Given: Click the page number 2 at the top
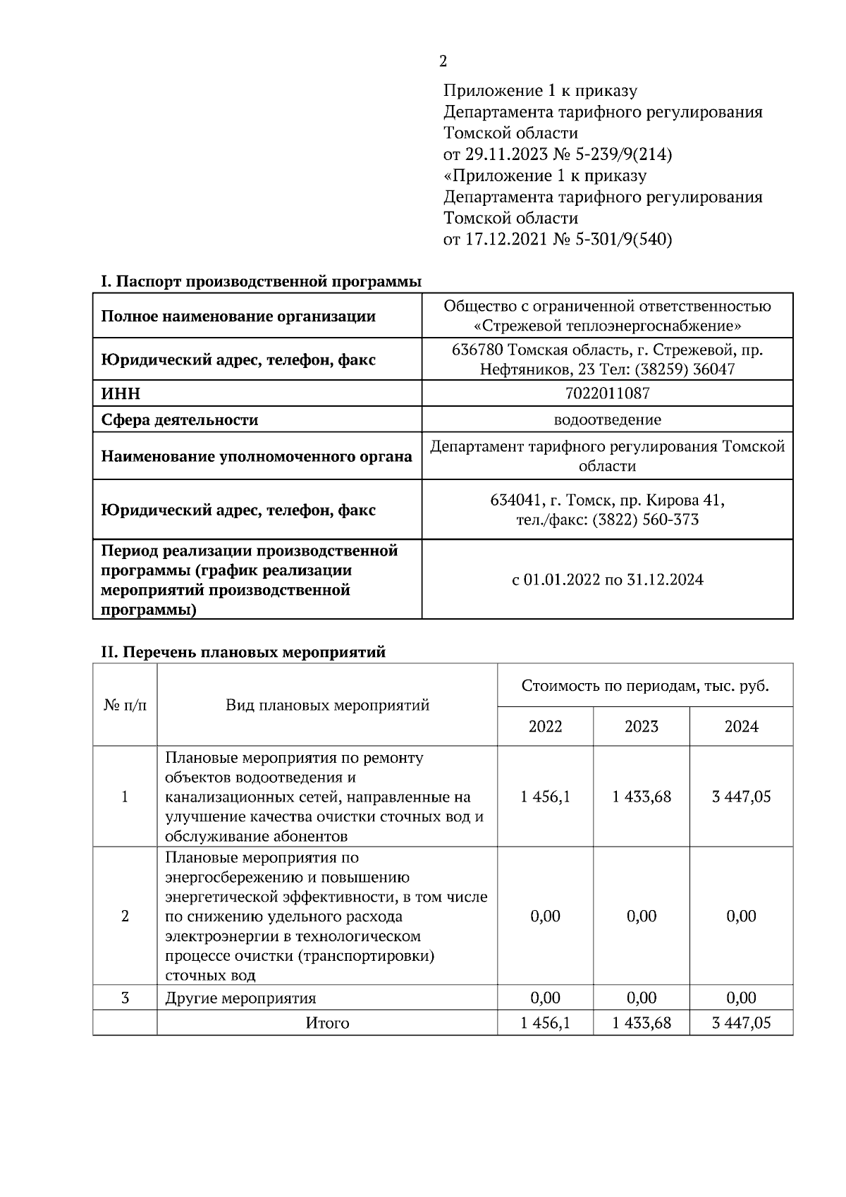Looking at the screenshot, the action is tap(443, 61).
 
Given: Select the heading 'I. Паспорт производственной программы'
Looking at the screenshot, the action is tap(260, 282).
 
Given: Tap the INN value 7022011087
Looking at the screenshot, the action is tap(607, 393).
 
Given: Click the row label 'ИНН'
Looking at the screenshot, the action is tap(121, 393).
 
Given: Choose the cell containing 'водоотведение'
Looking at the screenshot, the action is tap(607, 420).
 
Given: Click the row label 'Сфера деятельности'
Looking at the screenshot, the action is tap(180, 420).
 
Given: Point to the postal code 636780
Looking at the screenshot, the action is tap(477, 350).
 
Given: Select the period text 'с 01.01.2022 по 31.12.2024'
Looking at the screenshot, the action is tap(607, 579).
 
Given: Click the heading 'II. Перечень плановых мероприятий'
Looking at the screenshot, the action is tap(243, 652).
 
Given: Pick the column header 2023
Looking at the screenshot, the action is tap(641, 726).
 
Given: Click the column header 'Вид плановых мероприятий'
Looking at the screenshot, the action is tap(327, 705).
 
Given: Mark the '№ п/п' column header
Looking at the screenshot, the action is tap(125, 705).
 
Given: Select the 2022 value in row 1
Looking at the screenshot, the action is tap(545, 797).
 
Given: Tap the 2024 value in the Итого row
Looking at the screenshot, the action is tap(741, 1023).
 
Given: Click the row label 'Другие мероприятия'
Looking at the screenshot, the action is tap(240, 998).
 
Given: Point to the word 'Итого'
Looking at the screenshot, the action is tap(327, 1023).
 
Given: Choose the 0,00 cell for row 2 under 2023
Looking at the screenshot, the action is tap(641, 916).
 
